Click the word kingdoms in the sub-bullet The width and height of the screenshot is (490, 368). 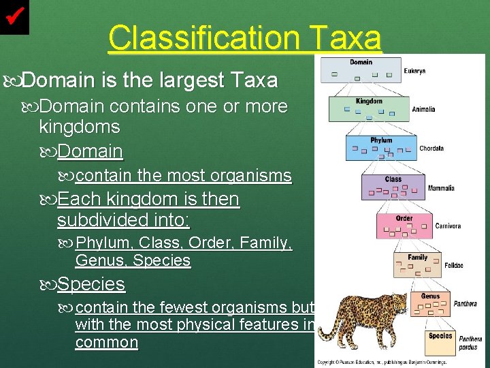pos(80,127)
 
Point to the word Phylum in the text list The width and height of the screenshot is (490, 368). pos(105,243)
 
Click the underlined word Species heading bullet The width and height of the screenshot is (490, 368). pos(91,283)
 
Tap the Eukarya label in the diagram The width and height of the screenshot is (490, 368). pos(414,71)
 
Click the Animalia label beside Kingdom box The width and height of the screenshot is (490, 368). pos(423,109)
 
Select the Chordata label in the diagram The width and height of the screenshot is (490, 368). pos(431,148)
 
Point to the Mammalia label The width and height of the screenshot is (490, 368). pos(440,187)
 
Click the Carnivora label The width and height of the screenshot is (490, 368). pos(448,226)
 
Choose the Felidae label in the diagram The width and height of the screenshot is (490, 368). pos(454,265)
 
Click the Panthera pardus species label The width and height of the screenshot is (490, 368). pos(470,343)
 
